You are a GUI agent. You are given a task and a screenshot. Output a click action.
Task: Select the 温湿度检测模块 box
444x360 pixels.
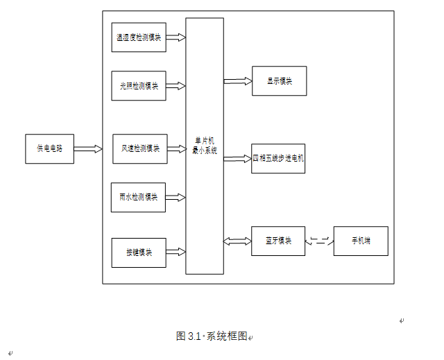coord(139,37)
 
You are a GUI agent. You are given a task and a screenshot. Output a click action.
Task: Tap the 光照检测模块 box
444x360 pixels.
coord(139,86)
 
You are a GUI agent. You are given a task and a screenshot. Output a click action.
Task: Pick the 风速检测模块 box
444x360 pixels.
coord(140,148)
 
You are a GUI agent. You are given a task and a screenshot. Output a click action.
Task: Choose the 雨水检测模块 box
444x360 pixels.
coord(138,197)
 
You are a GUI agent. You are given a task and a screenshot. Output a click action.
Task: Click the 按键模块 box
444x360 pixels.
coord(139,252)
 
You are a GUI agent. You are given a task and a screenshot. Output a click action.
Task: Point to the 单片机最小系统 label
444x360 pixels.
coord(205,146)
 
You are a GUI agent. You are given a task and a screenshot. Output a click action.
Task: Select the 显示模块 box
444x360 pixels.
coord(279,80)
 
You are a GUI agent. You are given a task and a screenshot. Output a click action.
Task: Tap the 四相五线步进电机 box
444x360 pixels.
coord(278,158)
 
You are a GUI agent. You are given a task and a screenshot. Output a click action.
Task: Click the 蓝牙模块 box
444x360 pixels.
coord(278,241)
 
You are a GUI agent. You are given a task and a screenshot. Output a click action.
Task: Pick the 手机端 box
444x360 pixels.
coord(361,241)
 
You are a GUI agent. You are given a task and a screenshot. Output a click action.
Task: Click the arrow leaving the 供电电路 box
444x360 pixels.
coord(87,148)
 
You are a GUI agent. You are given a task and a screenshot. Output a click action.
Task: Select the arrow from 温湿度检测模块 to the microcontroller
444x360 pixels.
coord(176,37)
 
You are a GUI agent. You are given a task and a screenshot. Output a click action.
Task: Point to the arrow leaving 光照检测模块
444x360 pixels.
coord(176,86)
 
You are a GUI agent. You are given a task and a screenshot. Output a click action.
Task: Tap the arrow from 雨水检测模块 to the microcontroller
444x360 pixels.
coord(176,198)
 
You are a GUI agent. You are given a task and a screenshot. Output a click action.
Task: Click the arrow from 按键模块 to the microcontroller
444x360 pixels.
coord(176,251)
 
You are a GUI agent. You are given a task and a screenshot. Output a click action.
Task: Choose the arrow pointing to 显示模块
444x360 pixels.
coord(237,81)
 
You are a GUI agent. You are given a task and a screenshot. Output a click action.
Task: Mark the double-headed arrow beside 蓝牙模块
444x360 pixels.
coord(237,241)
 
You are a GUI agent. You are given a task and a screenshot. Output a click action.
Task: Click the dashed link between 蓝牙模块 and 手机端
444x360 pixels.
coord(319,241)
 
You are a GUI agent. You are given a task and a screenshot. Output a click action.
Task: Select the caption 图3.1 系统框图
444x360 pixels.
coord(212,336)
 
